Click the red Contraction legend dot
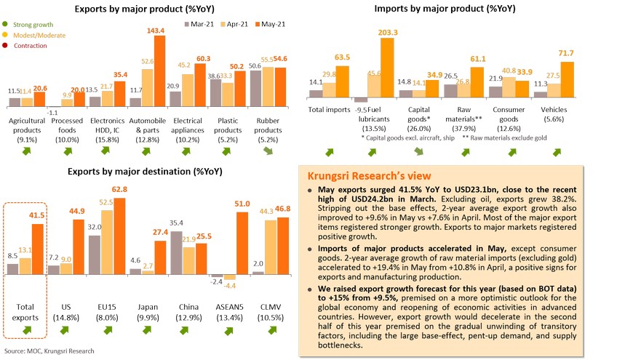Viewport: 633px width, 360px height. click(5, 46)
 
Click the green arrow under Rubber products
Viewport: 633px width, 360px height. click(268, 150)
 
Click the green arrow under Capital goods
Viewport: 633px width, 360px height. click(419, 151)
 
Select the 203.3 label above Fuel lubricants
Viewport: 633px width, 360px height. click(388, 32)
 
